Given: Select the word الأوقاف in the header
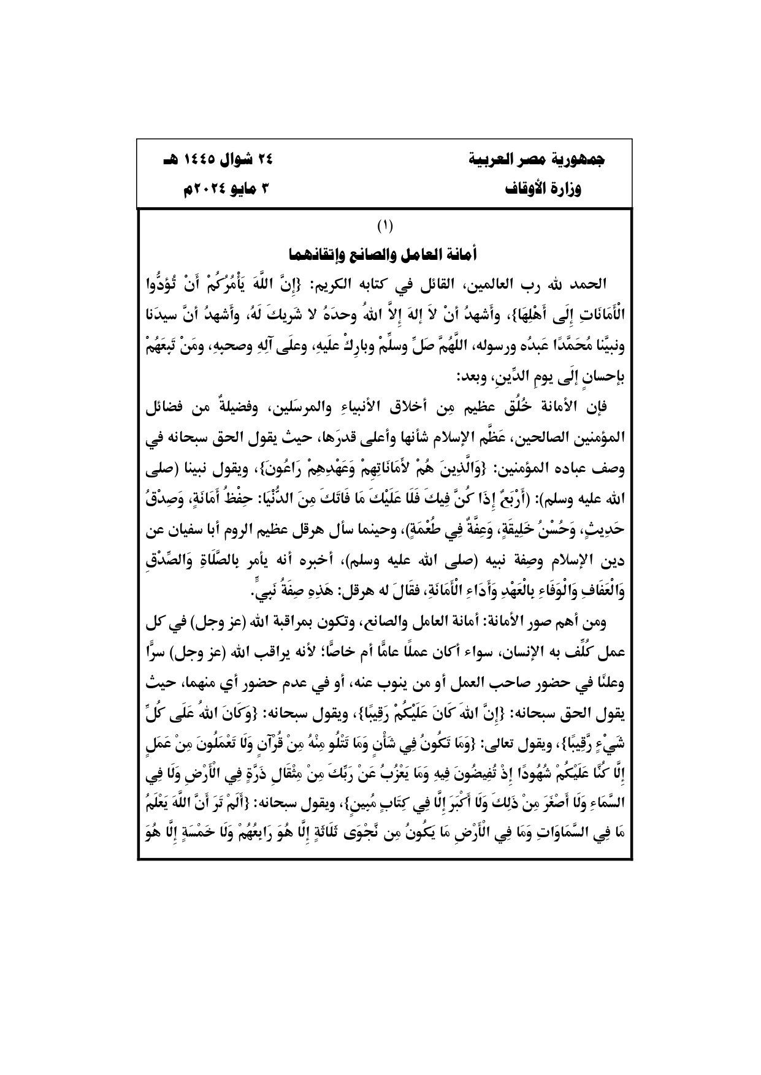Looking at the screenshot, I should point(527,189).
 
